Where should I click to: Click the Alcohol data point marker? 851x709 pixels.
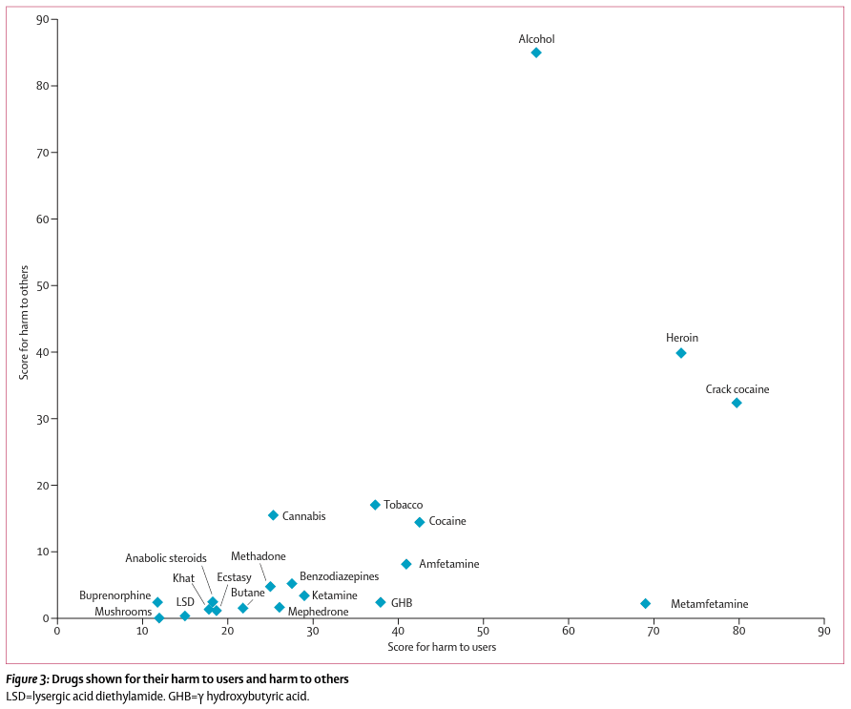pyautogui.click(x=536, y=52)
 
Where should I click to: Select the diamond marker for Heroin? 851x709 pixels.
pyautogui.click(x=681, y=353)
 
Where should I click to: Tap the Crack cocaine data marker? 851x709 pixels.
pyautogui.click(x=737, y=403)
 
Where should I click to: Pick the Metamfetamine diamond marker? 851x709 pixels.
pyautogui.click(x=645, y=603)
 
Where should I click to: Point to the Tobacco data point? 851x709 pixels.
pyautogui.click(x=375, y=505)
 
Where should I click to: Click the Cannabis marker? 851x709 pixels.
pyautogui.click(x=273, y=515)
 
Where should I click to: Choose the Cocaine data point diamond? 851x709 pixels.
pyautogui.click(x=419, y=522)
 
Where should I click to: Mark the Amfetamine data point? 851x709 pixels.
pyautogui.click(x=406, y=564)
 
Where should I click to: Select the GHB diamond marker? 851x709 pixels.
pyautogui.click(x=381, y=602)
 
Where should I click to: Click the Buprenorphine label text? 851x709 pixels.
pyautogui.click(x=114, y=595)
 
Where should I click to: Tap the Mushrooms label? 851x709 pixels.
pyautogui.click(x=123, y=612)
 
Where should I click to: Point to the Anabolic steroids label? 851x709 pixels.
pyautogui.click(x=166, y=558)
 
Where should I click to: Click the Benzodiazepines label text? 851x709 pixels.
pyautogui.click(x=339, y=576)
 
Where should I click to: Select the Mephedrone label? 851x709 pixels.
pyautogui.click(x=318, y=612)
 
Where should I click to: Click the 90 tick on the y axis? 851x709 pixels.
pyautogui.click(x=42, y=19)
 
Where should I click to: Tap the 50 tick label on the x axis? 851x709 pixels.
pyautogui.click(x=483, y=631)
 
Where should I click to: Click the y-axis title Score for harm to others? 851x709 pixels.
pyautogui.click(x=25, y=323)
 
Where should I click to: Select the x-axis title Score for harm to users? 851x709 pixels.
pyautogui.click(x=442, y=647)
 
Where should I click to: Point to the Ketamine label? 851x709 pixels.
pyautogui.click(x=335, y=595)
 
